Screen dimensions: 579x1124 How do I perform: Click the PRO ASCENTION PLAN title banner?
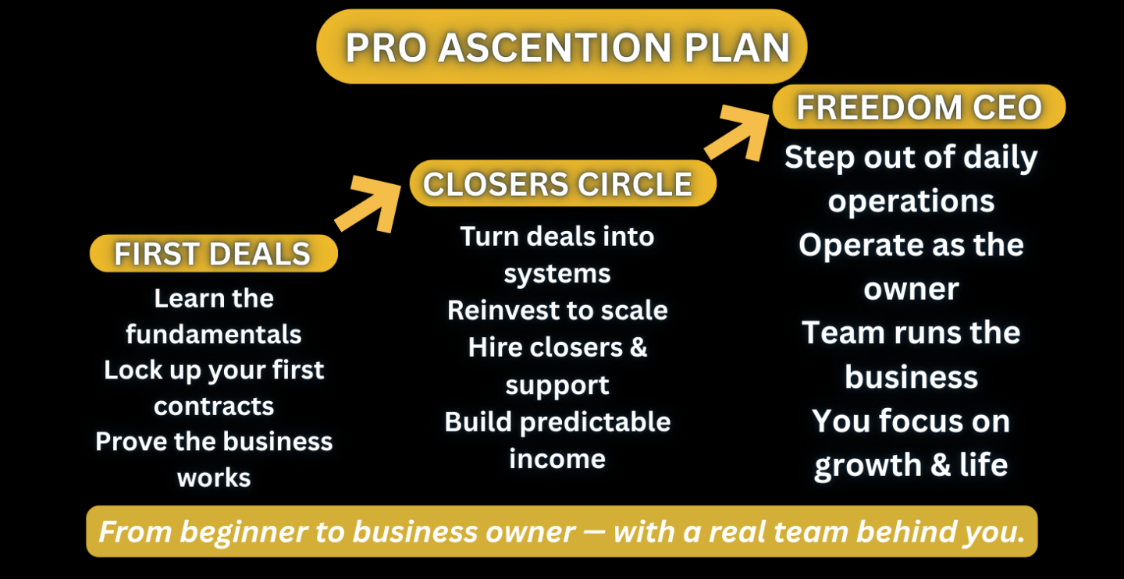[x=561, y=47]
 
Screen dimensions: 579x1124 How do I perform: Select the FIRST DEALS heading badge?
[x=213, y=254]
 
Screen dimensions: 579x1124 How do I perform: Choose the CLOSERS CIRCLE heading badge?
[x=558, y=184]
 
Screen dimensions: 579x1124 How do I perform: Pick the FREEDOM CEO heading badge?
[x=919, y=107]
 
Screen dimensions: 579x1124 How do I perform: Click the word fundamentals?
[x=213, y=334]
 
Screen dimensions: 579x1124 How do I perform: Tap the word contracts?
[x=213, y=406]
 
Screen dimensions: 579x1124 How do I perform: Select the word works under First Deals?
[x=213, y=477]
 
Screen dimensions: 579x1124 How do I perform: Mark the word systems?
[x=557, y=273]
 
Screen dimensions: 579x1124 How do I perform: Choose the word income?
[x=557, y=459]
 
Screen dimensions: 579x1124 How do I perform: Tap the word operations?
[x=911, y=201]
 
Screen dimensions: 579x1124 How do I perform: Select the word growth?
[x=863, y=465]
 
